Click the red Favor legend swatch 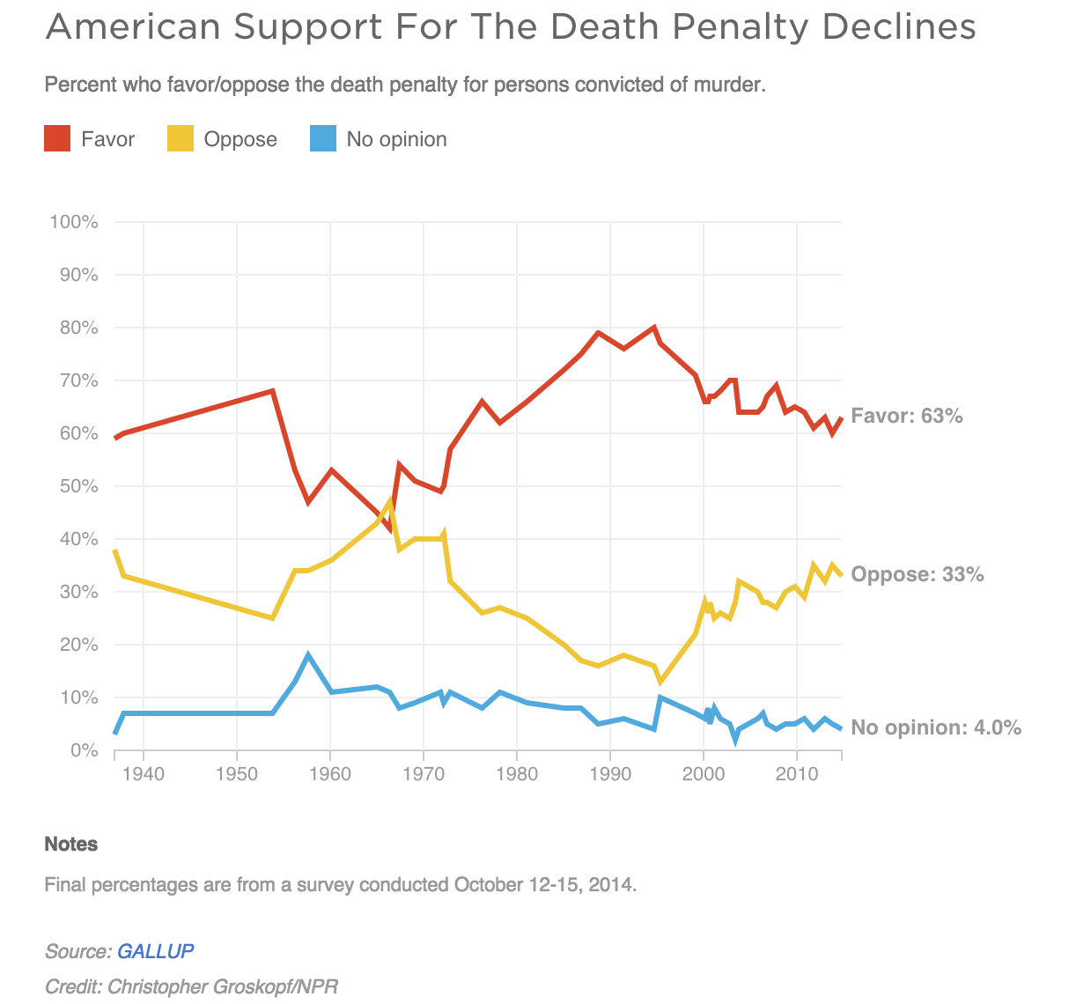click(x=57, y=139)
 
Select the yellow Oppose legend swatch click(x=181, y=139)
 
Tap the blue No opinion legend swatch click(x=323, y=139)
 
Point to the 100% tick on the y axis click(x=74, y=222)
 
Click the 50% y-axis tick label click(x=77, y=486)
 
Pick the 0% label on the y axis click(x=83, y=750)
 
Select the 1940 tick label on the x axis click(x=143, y=774)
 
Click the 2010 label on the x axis click(x=796, y=774)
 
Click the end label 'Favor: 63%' click(x=907, y=416)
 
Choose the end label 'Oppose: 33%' click(x=918, y=574)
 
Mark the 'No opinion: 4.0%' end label click(x=936, y=727)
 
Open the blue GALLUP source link click(x=155, y=951)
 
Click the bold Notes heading click(x=71, y=844)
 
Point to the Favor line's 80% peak click(x=653, y=328)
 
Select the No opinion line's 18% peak click(x=308, y=655)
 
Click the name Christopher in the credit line click(x=157, y=986)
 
